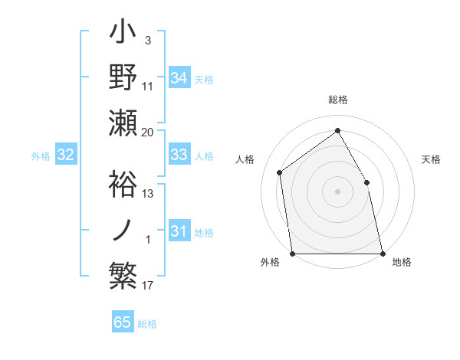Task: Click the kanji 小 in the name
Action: tap(123, 34)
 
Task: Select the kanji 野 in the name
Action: tap(123, 79)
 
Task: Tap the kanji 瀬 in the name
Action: tap(123, 123)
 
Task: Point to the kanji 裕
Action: tap(123, 182)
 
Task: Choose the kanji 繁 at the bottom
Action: tap(123, 274)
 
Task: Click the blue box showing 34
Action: tap(179, 77)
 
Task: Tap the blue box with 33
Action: tap(179, 155)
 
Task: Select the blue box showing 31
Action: tap(179, 231)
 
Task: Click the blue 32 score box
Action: tap(65, 155)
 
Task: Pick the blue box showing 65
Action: tap(123, 322)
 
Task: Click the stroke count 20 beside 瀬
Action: tap(148, 132)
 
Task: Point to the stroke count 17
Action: tap(148, 286)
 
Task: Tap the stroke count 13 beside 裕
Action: tap(148, 193)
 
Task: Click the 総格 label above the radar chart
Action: tap(337, 100)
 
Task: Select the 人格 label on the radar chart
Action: tap(245, 159)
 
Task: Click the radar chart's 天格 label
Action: tap(431, 159)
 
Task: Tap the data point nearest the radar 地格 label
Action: tap(383, 254)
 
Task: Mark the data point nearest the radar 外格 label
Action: tap(292, 254)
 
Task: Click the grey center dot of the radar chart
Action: tap(337, 191)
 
